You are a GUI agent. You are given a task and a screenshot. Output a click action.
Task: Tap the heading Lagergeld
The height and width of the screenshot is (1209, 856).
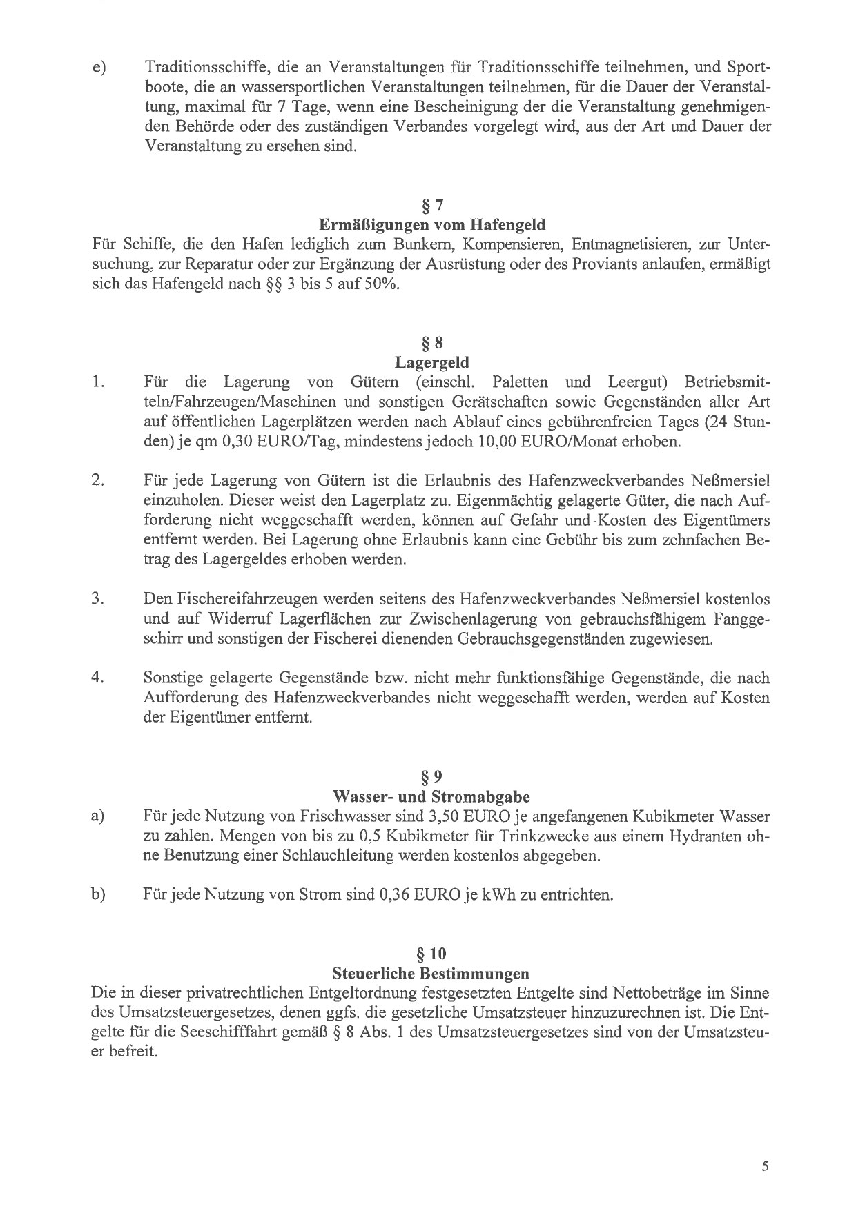click(431, 362)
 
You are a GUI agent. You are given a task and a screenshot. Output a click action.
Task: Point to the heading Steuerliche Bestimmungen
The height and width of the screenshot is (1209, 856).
click(431, 974)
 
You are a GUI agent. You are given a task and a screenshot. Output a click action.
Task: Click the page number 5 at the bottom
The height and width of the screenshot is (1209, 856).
click(765, 1148)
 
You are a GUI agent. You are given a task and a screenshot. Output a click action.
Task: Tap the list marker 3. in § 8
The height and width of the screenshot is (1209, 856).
click(97, 598)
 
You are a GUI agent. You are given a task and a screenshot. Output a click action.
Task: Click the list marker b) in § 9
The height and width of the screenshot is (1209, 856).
click(97, 895)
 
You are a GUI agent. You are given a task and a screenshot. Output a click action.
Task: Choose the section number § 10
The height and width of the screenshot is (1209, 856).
click(431, 954)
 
